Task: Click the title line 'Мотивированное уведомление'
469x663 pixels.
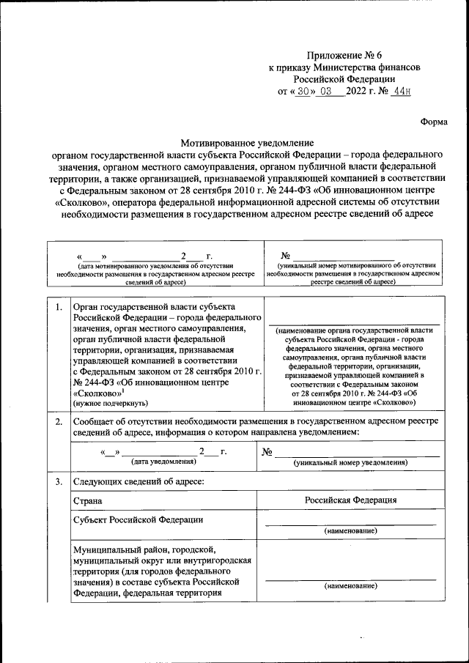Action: tap(247, 144)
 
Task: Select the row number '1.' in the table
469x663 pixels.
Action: tap(57, 307)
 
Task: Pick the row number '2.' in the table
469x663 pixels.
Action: tap(57, 422)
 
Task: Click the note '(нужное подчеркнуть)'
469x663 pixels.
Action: tap(110, 403)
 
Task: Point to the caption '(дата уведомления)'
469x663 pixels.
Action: tap(163, 462)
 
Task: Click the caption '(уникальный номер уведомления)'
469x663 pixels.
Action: tap(350, 463)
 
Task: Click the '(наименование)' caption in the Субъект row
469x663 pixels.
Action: tap(350, 530)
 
